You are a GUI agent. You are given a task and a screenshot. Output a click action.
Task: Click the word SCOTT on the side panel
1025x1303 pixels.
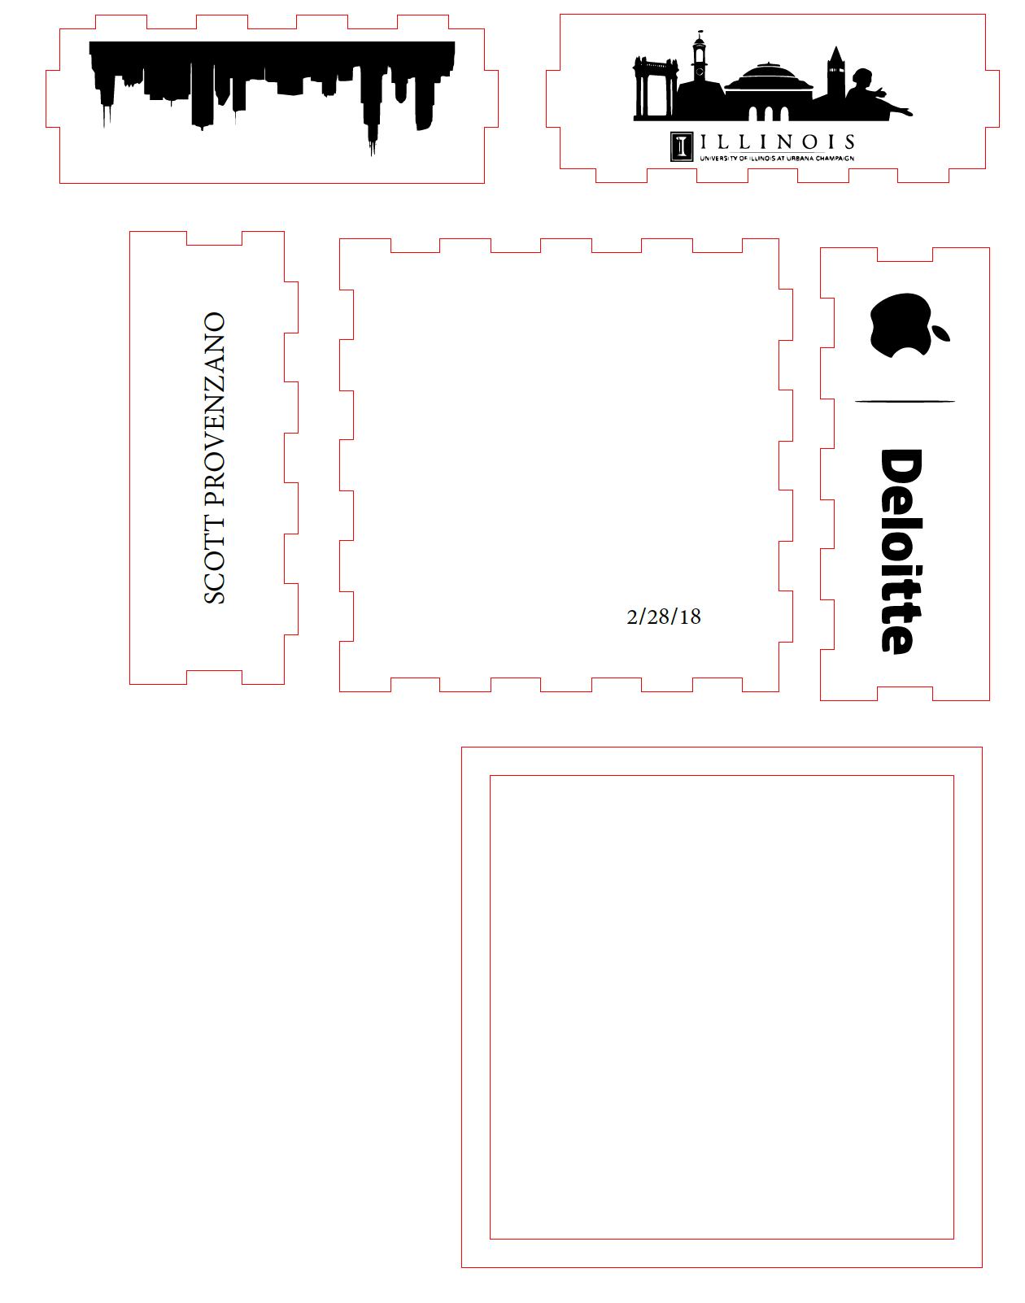pos(215,560)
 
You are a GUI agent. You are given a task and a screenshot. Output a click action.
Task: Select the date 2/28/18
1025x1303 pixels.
pos(663,617)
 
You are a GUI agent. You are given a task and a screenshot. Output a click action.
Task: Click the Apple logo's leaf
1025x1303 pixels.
pos(940,333)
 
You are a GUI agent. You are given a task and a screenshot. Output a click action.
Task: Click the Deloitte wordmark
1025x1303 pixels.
pos(901,551)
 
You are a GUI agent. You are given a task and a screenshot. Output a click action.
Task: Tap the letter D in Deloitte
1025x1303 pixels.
pos(901,470)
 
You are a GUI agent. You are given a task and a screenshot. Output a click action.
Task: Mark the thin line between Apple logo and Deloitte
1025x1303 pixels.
pos(905,402)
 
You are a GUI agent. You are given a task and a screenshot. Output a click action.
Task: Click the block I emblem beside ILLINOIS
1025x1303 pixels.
pos(682,146)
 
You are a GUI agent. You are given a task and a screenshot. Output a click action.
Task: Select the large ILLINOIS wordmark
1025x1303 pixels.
pos(777,142)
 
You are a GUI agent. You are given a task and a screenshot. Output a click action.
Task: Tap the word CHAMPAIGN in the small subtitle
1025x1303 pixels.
pos(835,159)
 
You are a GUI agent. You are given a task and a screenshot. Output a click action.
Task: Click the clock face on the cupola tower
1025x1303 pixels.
pos(700,72)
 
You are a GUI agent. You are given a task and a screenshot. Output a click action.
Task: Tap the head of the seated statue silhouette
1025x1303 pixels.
pos(862,76)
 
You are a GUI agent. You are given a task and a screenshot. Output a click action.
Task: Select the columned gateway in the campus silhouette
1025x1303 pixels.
pos(655,88)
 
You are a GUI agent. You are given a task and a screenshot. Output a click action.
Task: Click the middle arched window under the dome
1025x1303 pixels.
pos(768,114)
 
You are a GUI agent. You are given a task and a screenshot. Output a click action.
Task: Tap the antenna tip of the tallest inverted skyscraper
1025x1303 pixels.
pos(372,155)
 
